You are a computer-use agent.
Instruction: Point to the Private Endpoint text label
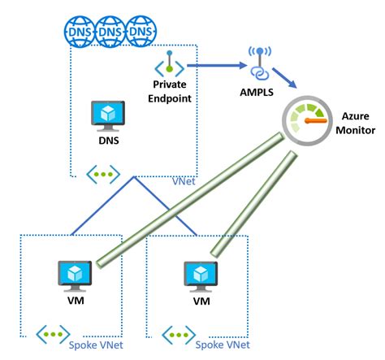coord(171,91)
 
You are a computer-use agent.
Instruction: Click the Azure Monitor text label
coord(356,124)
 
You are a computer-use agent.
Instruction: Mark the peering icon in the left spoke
coord(54,333)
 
